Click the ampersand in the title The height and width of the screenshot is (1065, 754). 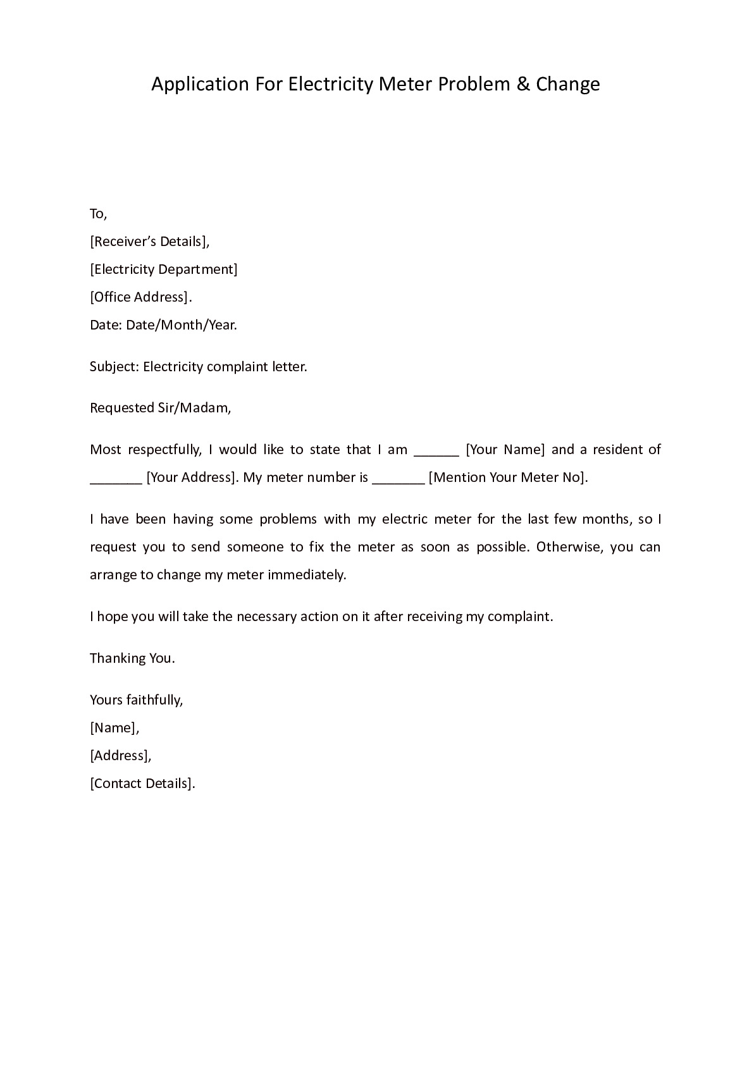tap(523, 84)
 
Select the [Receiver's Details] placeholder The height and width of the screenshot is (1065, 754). tap(149, 242)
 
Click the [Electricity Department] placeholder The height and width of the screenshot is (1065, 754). tap(164, 269)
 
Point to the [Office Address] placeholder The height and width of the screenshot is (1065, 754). tap(140, 297)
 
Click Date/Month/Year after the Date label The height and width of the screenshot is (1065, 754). tap(181, 325)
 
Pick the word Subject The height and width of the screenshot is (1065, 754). tap(113, 367)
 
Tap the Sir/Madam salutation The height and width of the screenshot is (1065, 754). tap(194, 408)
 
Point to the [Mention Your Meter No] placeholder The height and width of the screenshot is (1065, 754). tap(508, 477)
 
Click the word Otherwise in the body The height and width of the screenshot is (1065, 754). tap(569, 547)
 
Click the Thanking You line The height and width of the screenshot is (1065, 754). tap(132, 658)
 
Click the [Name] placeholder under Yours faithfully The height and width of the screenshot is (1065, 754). tap(114, 728)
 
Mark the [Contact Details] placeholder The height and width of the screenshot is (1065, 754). tap(142, 784)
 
